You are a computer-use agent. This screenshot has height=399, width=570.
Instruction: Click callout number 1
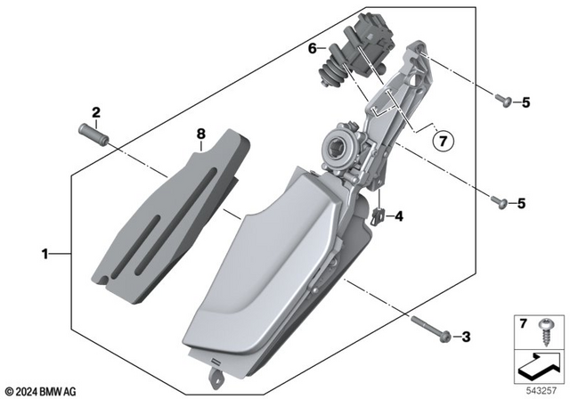tap(45, 255)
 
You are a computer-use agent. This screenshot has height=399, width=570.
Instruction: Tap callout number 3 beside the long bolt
tap(464, 336)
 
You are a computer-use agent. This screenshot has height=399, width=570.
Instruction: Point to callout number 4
tap(399, 216)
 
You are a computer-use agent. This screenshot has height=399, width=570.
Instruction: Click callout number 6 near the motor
tap(313, 50)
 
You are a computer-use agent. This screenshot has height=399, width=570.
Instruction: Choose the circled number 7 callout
tap(443, 140)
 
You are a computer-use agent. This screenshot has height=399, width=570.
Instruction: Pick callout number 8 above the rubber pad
tap(201, 134)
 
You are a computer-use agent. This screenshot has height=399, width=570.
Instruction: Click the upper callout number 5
tap(525, 102)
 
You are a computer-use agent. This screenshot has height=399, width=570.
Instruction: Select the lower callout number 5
tap(525, 202)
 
